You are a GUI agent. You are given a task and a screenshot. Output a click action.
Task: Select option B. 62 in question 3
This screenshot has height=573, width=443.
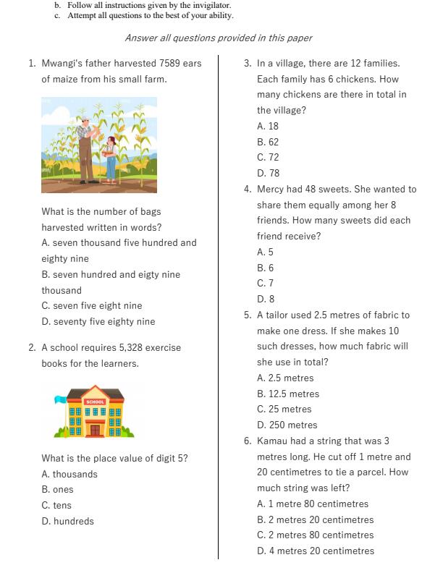[x=268, y=142]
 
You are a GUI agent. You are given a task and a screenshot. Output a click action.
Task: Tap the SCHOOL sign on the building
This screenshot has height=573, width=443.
[x=95, y=401]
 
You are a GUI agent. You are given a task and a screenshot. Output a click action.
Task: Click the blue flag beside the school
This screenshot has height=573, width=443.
[x=61, y=399]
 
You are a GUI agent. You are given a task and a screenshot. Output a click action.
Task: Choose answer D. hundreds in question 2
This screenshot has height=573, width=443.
[x=68, y=521]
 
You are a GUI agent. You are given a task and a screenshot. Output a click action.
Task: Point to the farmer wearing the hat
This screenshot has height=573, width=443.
[x=85, y=145]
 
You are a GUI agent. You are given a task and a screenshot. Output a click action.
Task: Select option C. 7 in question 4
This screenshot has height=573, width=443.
[x=265, y=284]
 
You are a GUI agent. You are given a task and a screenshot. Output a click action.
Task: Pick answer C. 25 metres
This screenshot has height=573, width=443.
[x=284, y=409]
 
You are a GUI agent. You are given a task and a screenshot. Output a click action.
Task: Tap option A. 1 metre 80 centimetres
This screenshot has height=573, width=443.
[x=313, y=504]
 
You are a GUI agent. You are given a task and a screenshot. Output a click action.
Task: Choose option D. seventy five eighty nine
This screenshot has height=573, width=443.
[x=98, y=322]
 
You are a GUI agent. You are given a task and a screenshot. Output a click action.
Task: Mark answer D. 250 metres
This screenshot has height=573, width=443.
[x=287, y=425]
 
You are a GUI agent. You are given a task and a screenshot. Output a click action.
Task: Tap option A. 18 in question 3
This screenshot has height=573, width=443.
[x=268, y=126]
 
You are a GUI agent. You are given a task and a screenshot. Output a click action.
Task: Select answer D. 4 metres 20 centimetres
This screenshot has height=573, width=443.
[x=316, y=551]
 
